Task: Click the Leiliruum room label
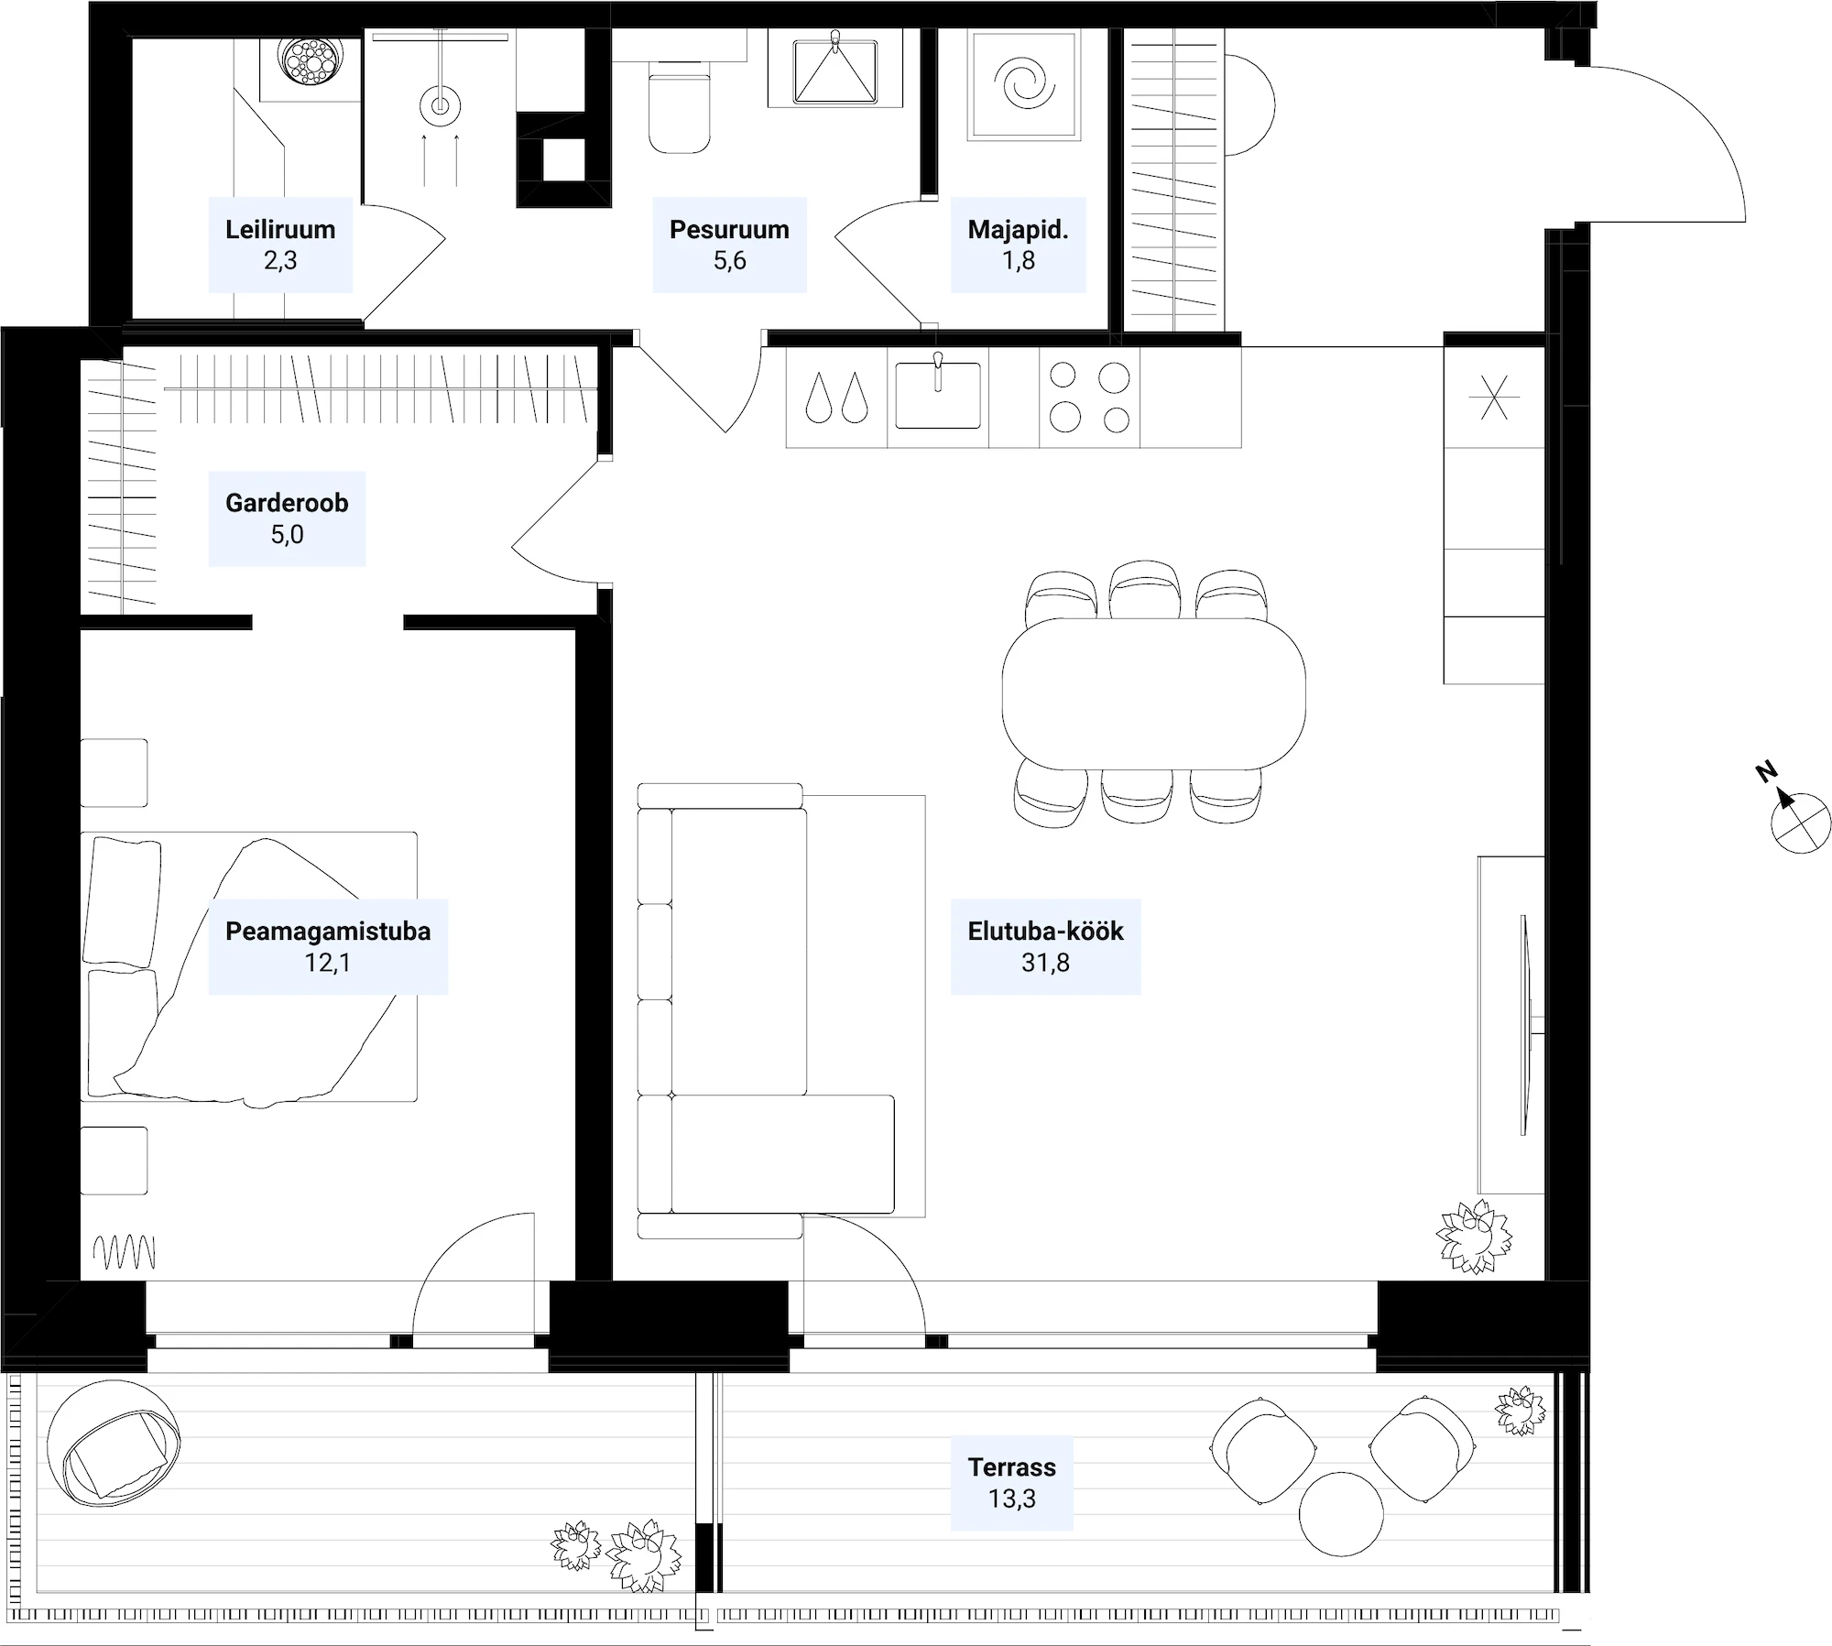(280, 245)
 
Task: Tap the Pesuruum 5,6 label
(729, 245)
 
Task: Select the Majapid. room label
(1018, 245)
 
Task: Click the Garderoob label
(287, 518)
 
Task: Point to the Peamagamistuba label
(328, 947)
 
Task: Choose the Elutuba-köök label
(1045, 947)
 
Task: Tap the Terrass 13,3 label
(1011, 1483)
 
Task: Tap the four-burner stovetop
(1089, 397)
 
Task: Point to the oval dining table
(1153, 693)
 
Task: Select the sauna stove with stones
(310, 61)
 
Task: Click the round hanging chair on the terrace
(114, 1444)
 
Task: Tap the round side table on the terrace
(1341, 1513)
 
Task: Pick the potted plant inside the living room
(1474, 1237)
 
